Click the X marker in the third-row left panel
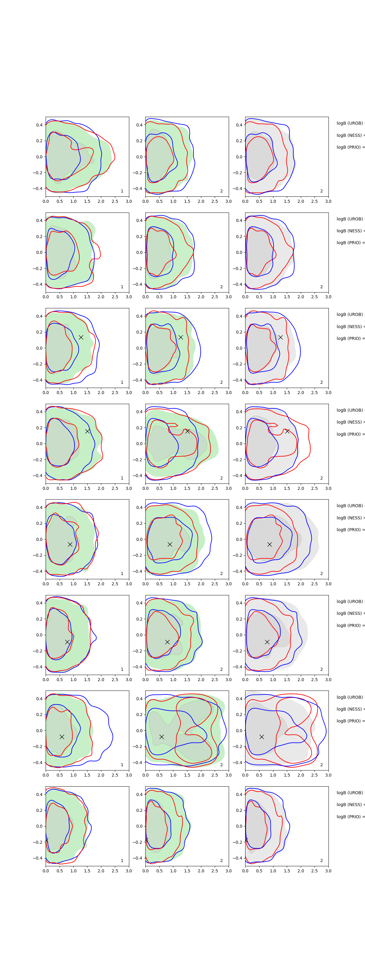(x=81, y=337)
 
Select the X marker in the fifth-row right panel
(x=269, y=544)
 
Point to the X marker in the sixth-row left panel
(x=67, y=642)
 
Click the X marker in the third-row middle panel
(x=181, y=337)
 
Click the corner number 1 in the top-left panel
(x=122, y=191)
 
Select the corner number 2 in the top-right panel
(x=322, y=191)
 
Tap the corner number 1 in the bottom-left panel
(x=122, y=860)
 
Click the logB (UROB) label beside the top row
(x=350, y=123)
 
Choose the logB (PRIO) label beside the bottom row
(x=350, y=817)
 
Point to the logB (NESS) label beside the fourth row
(x=350, y=422)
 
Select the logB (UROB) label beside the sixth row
(x=350, y=601)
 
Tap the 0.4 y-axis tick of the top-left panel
(x=39, y=125)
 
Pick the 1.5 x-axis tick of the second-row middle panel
(x=187, y=297)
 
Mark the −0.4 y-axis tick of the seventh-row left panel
(x=38, y=763)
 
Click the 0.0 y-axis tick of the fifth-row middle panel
(x=139, y=539)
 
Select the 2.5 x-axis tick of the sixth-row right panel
(x=315, y=680)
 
